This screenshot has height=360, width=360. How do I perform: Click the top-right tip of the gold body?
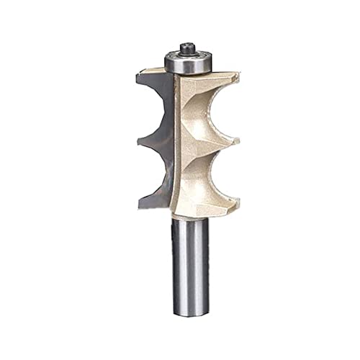(x=235, y=75)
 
